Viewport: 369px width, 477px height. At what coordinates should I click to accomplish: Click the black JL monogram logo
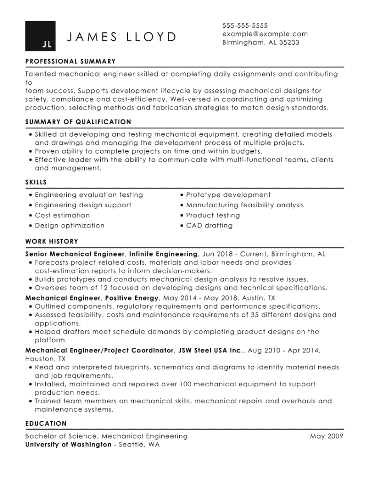[x=40, y=36]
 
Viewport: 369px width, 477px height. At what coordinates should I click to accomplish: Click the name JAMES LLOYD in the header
[x=122, y=37]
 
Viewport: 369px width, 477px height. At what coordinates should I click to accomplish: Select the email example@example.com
[x=265, y=34]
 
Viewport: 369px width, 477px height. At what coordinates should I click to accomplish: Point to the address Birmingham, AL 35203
[x=260, y=42]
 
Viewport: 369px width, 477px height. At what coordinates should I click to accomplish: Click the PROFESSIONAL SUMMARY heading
[x=70, y=61]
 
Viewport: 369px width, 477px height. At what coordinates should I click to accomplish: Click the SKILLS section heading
[x=36, y=182]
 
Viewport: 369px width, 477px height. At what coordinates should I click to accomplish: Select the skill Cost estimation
[x=62, y=215]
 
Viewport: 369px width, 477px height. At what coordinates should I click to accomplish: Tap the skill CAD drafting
[x=209, y=226]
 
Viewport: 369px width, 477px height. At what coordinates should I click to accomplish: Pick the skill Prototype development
[x=228, y=195]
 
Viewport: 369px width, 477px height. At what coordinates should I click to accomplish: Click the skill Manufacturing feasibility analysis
[x=245, y=205]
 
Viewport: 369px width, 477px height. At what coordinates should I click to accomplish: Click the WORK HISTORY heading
[x=51, y=242]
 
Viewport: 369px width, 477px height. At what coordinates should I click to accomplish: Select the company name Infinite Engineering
[x=163, y=254]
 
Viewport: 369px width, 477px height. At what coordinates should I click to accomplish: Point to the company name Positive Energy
[x=132, y=298]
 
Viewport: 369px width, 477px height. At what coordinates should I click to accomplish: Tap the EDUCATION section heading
[x=46, y=423]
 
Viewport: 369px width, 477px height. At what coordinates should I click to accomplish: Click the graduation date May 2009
[x=327, y=436]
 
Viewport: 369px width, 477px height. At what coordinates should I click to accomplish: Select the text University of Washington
[x=68, y=445]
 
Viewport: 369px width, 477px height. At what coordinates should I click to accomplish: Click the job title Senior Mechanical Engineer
[x=75, y=254]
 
